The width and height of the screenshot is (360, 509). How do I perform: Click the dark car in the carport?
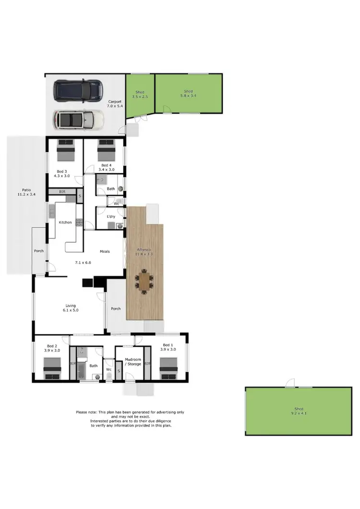pos(79,90)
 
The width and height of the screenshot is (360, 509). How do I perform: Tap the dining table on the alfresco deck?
pos(144,281)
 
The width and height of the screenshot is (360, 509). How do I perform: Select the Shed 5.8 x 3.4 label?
pos(188,94)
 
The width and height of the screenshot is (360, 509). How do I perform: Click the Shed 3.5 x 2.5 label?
pos(140,95)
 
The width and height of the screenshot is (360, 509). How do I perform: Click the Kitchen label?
pos(65,223)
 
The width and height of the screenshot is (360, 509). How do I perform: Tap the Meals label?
pos(105,251)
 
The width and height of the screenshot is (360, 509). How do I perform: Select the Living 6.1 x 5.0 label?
pos(71,308)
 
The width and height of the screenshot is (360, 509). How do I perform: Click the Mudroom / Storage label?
pos(132,361)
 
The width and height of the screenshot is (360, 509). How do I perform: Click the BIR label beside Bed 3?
pos(61,192)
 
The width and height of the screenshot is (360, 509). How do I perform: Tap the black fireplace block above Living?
pos(88,282)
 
